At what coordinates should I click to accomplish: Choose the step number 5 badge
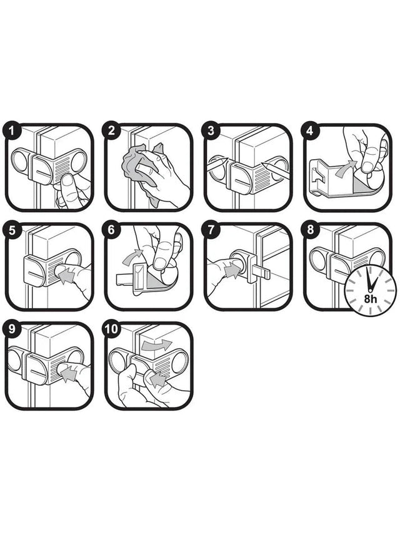(x=11, y=230)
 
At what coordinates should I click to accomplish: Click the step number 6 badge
(x=112, y=230)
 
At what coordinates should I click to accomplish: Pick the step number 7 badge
(x=211, y=230)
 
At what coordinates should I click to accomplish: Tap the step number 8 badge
(x=311, y=230)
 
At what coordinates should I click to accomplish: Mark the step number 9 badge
(x=11, y=328)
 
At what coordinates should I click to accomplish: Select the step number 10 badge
(x=112, y=328)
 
